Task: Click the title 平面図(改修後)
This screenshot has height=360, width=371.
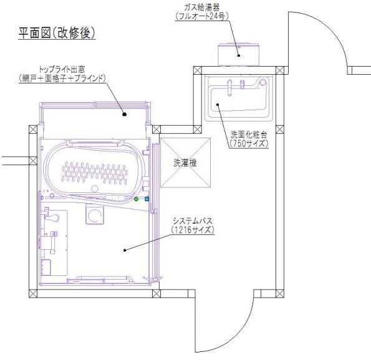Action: click(x=57, y=32)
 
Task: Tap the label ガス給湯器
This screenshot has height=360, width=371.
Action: click(x=202, y=7)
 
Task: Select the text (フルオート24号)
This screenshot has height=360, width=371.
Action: click(x=202, y=16)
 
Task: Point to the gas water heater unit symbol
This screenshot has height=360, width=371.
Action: click(x=238, y=54)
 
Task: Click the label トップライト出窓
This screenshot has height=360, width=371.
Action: click(x=62, y=70)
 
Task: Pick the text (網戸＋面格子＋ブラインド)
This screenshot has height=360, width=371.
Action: click(x=62, y=78)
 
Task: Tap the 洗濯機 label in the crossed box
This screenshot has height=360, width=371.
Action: click(x=185, y=163)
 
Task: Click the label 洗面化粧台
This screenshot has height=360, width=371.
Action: click(x=249, y=135)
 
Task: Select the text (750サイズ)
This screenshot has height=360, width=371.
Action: click(x=249, y=143)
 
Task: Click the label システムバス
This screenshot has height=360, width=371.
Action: click(x=193, y=221)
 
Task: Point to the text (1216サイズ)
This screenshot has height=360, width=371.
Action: click(x=193, y=230)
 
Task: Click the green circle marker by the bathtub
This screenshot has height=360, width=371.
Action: click(x=136, y=199)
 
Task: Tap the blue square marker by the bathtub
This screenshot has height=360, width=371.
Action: click(x=147, y=199)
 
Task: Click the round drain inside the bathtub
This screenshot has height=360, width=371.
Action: click(x=95, y=189)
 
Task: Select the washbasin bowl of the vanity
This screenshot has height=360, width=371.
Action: click(x=239, y=99)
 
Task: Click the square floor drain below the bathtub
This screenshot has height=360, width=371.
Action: click(x=95, y=215)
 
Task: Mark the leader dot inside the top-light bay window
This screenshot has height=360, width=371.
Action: click(x=125, y=115)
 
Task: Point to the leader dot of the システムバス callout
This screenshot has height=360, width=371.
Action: click(x=125, y=250)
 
